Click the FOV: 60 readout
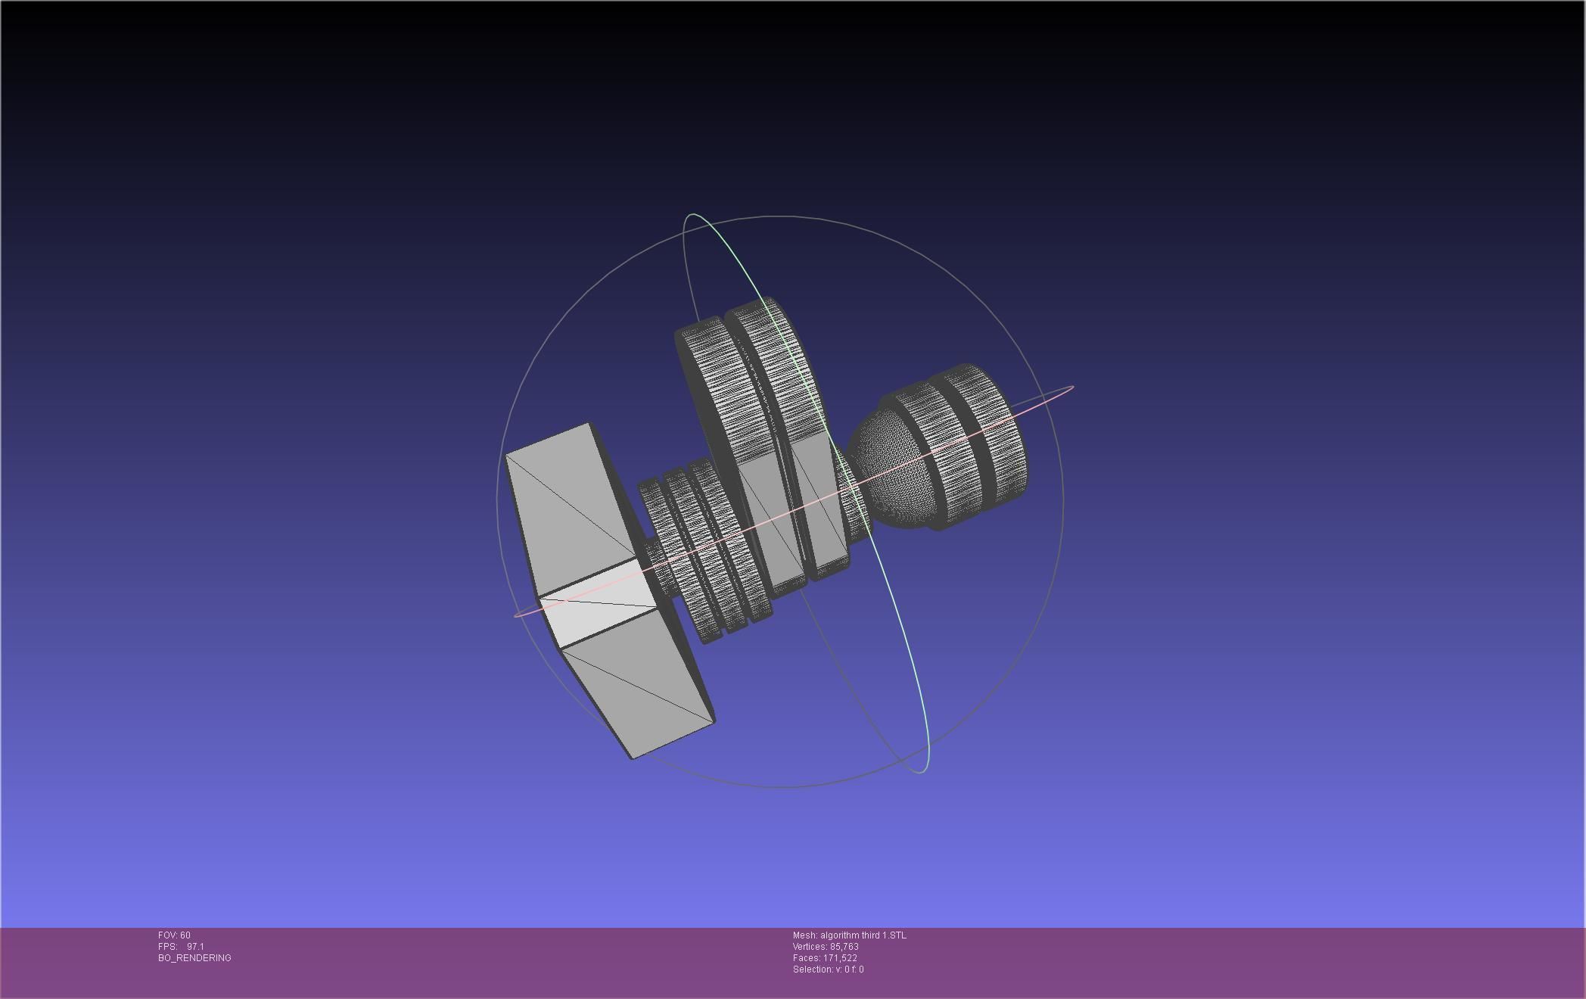(x=174, y=935)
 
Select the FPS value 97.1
(x=195, y=947)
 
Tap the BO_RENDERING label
(x=194, y=958)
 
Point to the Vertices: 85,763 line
(x=825, y=947)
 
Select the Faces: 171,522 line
(x=824, y=958)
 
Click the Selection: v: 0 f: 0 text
(x=828, y=969)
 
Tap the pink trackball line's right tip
(x=1072, y=387)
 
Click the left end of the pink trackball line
(x=516, y=615)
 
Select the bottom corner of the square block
(x=633, y=757)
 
